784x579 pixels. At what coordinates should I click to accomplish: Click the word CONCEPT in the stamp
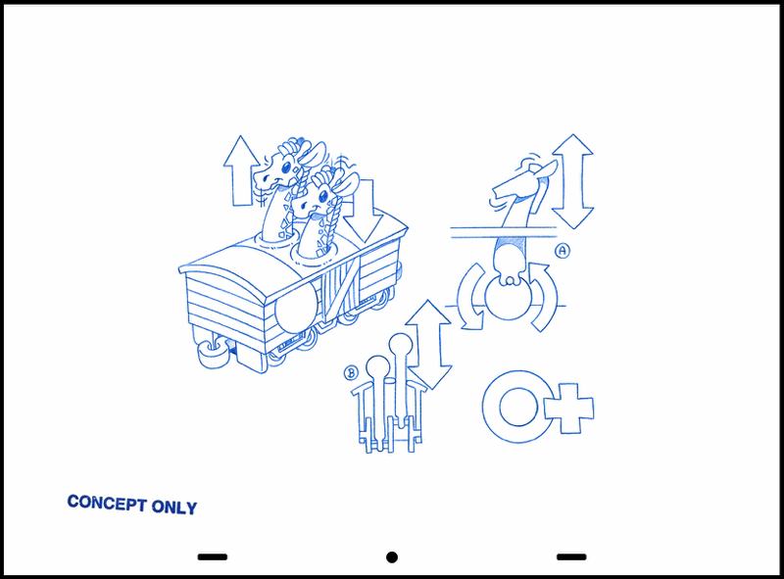[x=107, y=503]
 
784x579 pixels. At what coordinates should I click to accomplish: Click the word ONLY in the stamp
[x=174, y=507]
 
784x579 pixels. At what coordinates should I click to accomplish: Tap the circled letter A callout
[x=563, y=251]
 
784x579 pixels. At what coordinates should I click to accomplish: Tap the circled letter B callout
[x=351, y=373]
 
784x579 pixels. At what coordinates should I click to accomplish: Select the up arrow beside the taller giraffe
[x=241, y=170]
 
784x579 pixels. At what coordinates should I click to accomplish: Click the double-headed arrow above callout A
[x=572, y=181]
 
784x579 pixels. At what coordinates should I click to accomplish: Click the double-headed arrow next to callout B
[x=428, y=345]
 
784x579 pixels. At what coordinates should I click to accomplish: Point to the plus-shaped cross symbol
[x=569, y=409]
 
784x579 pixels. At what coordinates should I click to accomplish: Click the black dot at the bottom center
[x=392, y=557]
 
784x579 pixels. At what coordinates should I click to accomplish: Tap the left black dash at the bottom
[x=213, y=556]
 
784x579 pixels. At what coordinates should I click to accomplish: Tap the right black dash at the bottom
[x=571, y=556]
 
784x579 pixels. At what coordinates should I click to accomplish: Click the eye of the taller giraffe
[x=286, y=167]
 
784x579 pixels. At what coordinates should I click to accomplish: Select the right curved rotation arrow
[x=544, y=298]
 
